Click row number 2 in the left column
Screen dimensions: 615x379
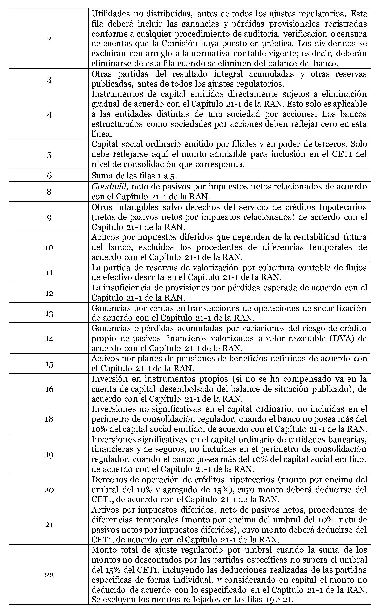[x=49, y=39]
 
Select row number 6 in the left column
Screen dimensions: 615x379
[x=49, y=175]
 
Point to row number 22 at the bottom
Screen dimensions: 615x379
[x=49, y=575]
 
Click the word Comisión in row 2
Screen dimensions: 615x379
[x=179, y=44]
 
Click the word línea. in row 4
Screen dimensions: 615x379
[x=102, y=134]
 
